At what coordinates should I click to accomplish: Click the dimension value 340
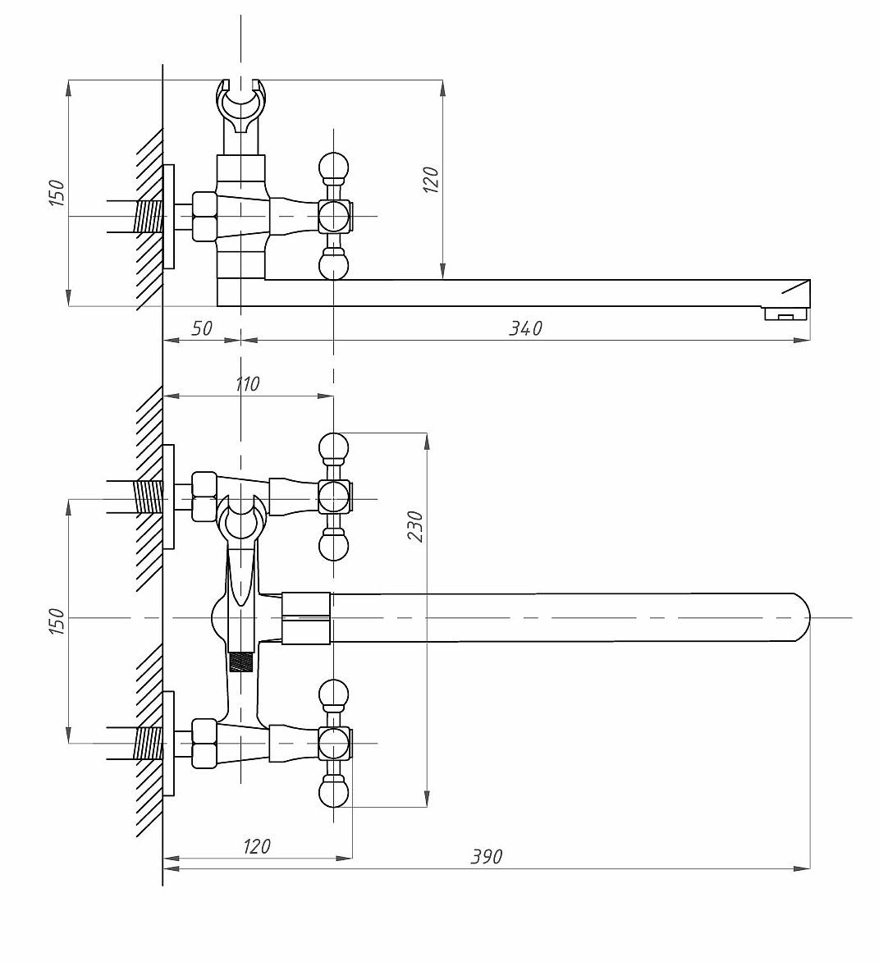(x=526, y=328)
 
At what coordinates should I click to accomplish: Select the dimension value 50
(x=202, y=328)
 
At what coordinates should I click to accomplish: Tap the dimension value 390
(x=487, y=856)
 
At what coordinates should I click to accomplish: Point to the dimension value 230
(x=415, y=526)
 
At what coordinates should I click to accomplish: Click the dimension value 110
(x=247, y=384)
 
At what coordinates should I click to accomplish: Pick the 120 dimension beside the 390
(x=256, y=846)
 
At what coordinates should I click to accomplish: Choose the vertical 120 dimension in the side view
(x=431, y=180)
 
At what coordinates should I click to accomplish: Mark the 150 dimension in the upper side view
(x=57, y=193)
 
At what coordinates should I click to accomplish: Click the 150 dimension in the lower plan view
(x=57, y=621)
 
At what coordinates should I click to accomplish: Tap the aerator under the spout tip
(x=785, y=314)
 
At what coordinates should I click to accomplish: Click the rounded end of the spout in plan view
(x=800, y=617)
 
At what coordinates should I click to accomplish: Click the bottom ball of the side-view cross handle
(x=334, y=265)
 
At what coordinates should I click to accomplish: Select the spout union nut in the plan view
(x=305, y=618)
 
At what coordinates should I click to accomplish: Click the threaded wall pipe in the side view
(x=149, y=217)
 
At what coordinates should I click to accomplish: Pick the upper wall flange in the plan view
(x=169, y=497)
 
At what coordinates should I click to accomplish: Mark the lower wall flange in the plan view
(x=169, y=744)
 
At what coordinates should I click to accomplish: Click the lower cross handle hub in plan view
(x=334, y=743)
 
